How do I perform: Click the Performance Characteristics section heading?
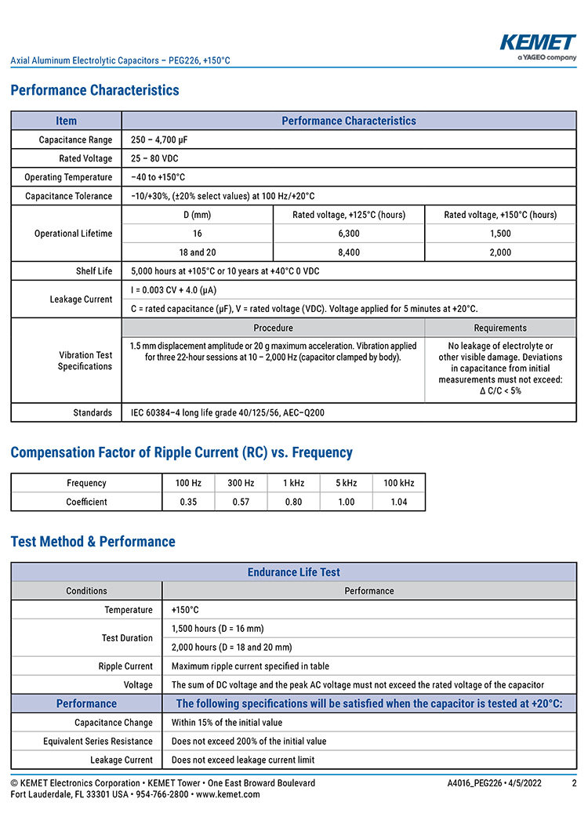coord(95,90)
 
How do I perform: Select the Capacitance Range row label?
coord(75,140)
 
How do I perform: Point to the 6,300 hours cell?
coord(349,234)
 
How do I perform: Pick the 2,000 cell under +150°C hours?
coord(499,252)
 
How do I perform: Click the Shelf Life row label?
coord(94,271)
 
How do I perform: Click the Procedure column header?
coord(273,328)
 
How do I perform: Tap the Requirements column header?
coord(500,328)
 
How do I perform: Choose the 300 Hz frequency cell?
coord(241,483)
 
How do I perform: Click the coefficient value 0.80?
coord(293,502)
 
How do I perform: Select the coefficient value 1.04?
coord(399,502)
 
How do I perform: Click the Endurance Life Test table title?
coord(293,572)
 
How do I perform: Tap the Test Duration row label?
coord(127,638)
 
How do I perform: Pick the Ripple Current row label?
coord(125,666)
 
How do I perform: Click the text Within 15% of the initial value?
coord(227,722)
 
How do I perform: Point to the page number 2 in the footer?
coord(574,783)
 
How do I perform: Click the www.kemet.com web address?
coord(227,794)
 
